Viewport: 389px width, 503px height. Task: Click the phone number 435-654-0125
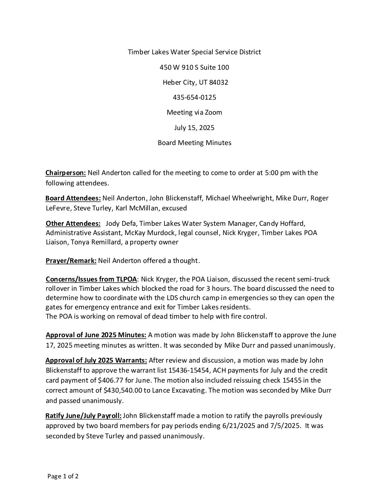194,97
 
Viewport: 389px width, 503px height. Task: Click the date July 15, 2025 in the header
194,128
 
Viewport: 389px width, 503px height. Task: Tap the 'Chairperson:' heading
66,173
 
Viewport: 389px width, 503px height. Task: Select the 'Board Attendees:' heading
73,198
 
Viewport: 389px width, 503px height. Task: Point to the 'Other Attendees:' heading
73,224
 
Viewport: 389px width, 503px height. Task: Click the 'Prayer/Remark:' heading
71,261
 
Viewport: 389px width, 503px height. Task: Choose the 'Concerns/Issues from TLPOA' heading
91,279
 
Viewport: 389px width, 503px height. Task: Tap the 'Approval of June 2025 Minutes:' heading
96,335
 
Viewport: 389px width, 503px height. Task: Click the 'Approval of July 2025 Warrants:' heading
96,360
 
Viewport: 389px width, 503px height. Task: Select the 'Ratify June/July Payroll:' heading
83,416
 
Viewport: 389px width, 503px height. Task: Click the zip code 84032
218,82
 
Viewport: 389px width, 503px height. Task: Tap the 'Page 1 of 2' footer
63,476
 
